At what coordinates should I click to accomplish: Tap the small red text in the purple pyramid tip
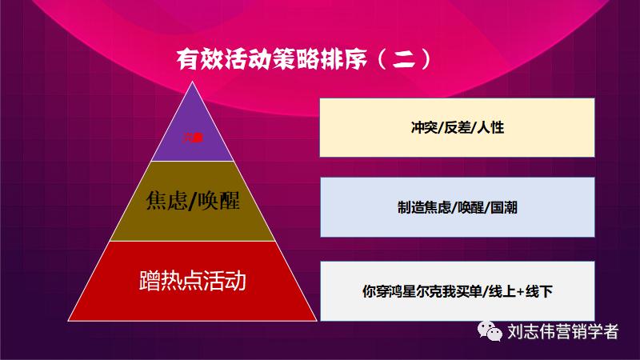(192, 138)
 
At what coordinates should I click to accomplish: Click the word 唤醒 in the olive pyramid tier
(218, 201)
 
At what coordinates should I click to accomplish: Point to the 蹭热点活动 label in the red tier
(192, 281)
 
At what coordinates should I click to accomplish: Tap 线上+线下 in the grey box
(519, 290)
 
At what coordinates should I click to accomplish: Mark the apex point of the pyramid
(192, 82)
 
